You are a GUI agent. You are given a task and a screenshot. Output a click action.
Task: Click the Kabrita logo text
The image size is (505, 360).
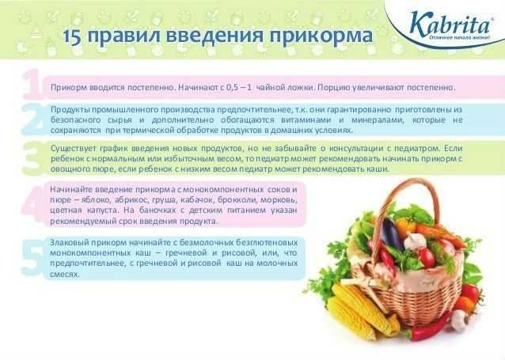pyautogui.click(x=450, y=24)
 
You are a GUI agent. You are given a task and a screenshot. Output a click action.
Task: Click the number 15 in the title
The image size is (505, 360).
pyautogui.click(x=73, y=36)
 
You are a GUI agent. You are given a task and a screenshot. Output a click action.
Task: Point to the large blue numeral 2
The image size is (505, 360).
pyautogui.click(x=32, y=119)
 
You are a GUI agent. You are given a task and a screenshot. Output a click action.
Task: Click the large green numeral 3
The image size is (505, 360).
pyautogui.click(x=32, y=158)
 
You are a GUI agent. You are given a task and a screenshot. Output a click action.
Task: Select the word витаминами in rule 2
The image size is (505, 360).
pyautogui.click(x=306, y=120)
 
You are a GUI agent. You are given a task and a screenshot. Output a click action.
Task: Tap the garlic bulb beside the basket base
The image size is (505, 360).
pyautogui.click(x=460, y=320)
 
